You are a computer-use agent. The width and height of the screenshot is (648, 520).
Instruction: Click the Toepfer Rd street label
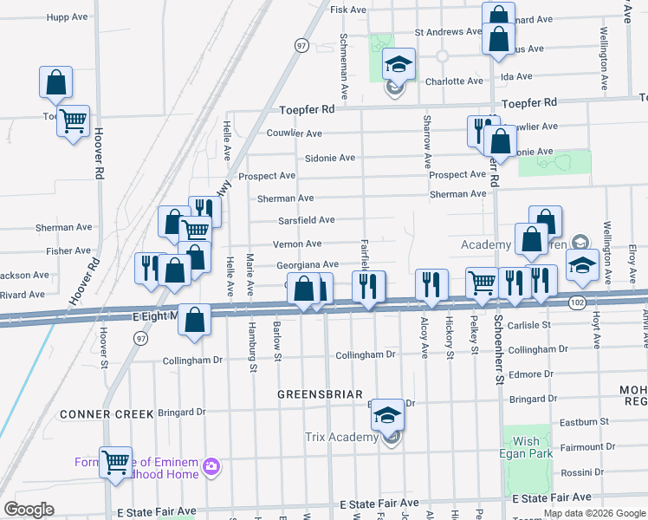pyautogui.click(x=307, y=110)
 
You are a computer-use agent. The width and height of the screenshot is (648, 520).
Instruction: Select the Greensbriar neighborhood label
pyautogui.click(x=320, y=394)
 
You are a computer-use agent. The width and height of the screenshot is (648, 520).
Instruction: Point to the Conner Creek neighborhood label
pyautogui.click(x=107, y=414)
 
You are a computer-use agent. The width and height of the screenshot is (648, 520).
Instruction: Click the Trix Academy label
pyautogui.click(x=340, y=437)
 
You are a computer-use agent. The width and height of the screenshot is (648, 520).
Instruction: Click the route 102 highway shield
pyautogui.click(x=577, y=302)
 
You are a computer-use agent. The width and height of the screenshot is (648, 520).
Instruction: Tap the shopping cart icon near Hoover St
pyautogui.click(x=115, y=462)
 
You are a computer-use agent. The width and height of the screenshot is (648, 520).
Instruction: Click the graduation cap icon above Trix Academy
pyautogui.click(x=389, y=416)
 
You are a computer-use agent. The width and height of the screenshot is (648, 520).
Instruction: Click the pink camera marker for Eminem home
pyautogui.click(x=211, y=469)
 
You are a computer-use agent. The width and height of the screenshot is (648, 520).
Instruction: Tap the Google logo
pyautogui.click(x=29, y=510)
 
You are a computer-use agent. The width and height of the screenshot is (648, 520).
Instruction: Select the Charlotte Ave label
pyautogui.click(x=455, y=81)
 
